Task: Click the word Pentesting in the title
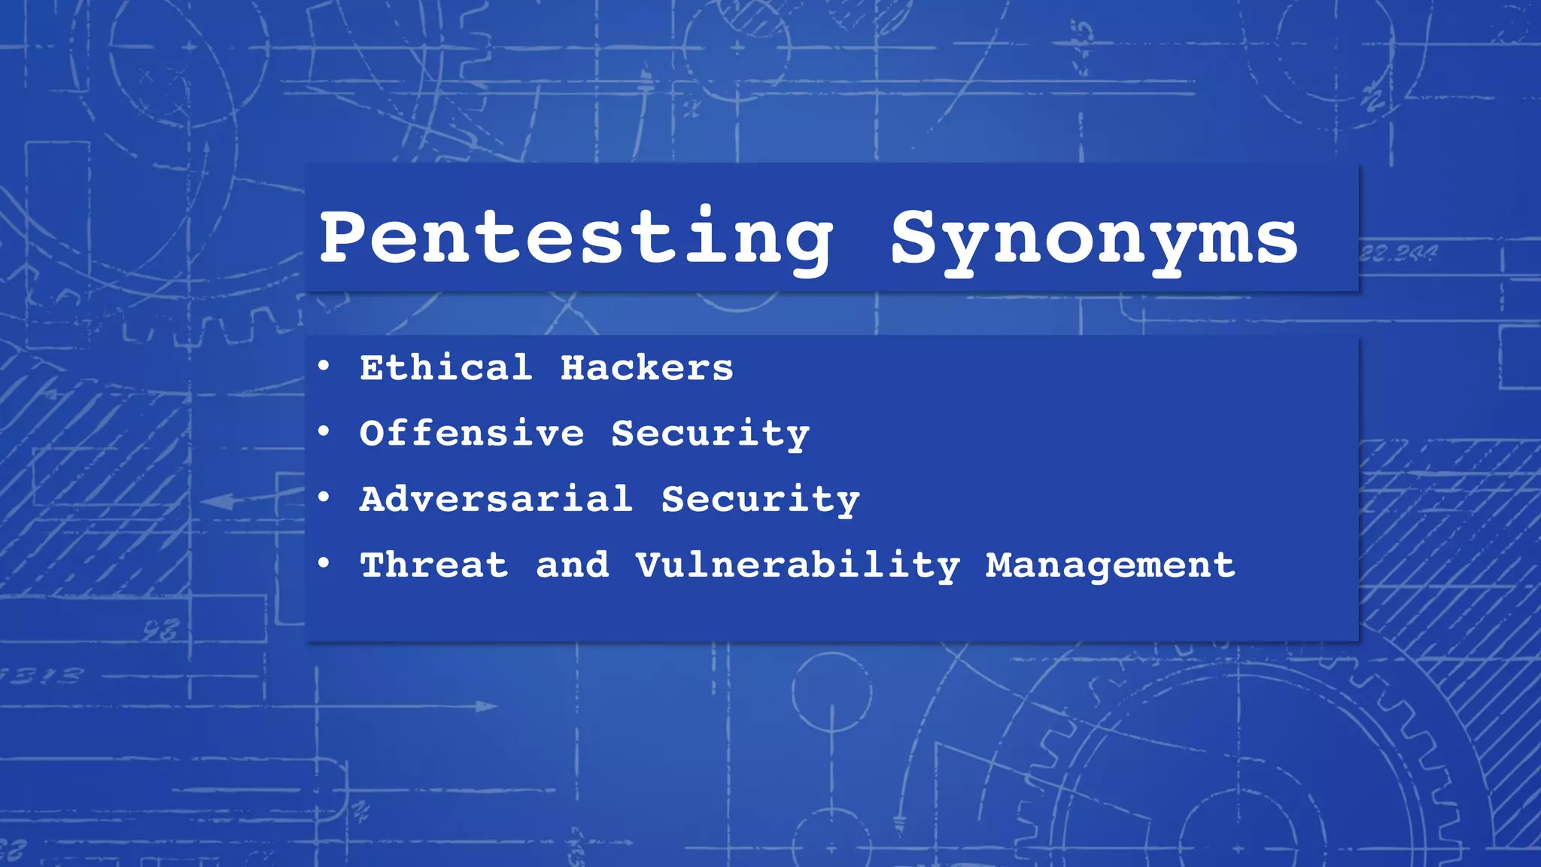pyautogui.click(x=576, y=238)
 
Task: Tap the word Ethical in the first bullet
pyautogui.click(x=445, y=368)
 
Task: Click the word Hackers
pyautogui.click(x=646, y=368)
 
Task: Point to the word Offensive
pyautogui.click(x=472, y=433)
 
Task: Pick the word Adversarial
pyautogui.click(x=496, y=499)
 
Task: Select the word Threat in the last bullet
pyautogui.click(x=434, y=565)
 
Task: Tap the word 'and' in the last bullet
pyautogui.click(x=572, y=565)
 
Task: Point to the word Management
pyautogui.click(x=1110, y=566)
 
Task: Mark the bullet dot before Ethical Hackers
pyautogui.click(x=324, y=367)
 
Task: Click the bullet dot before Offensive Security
pyautogui.click(x=324, y=431)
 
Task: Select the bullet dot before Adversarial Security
pyautogui.click(x=324, y=497)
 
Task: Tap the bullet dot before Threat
pyautogui.click(x=324, y=562)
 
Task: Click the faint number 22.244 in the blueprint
pyautogui.click(x=1399, y=253)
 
